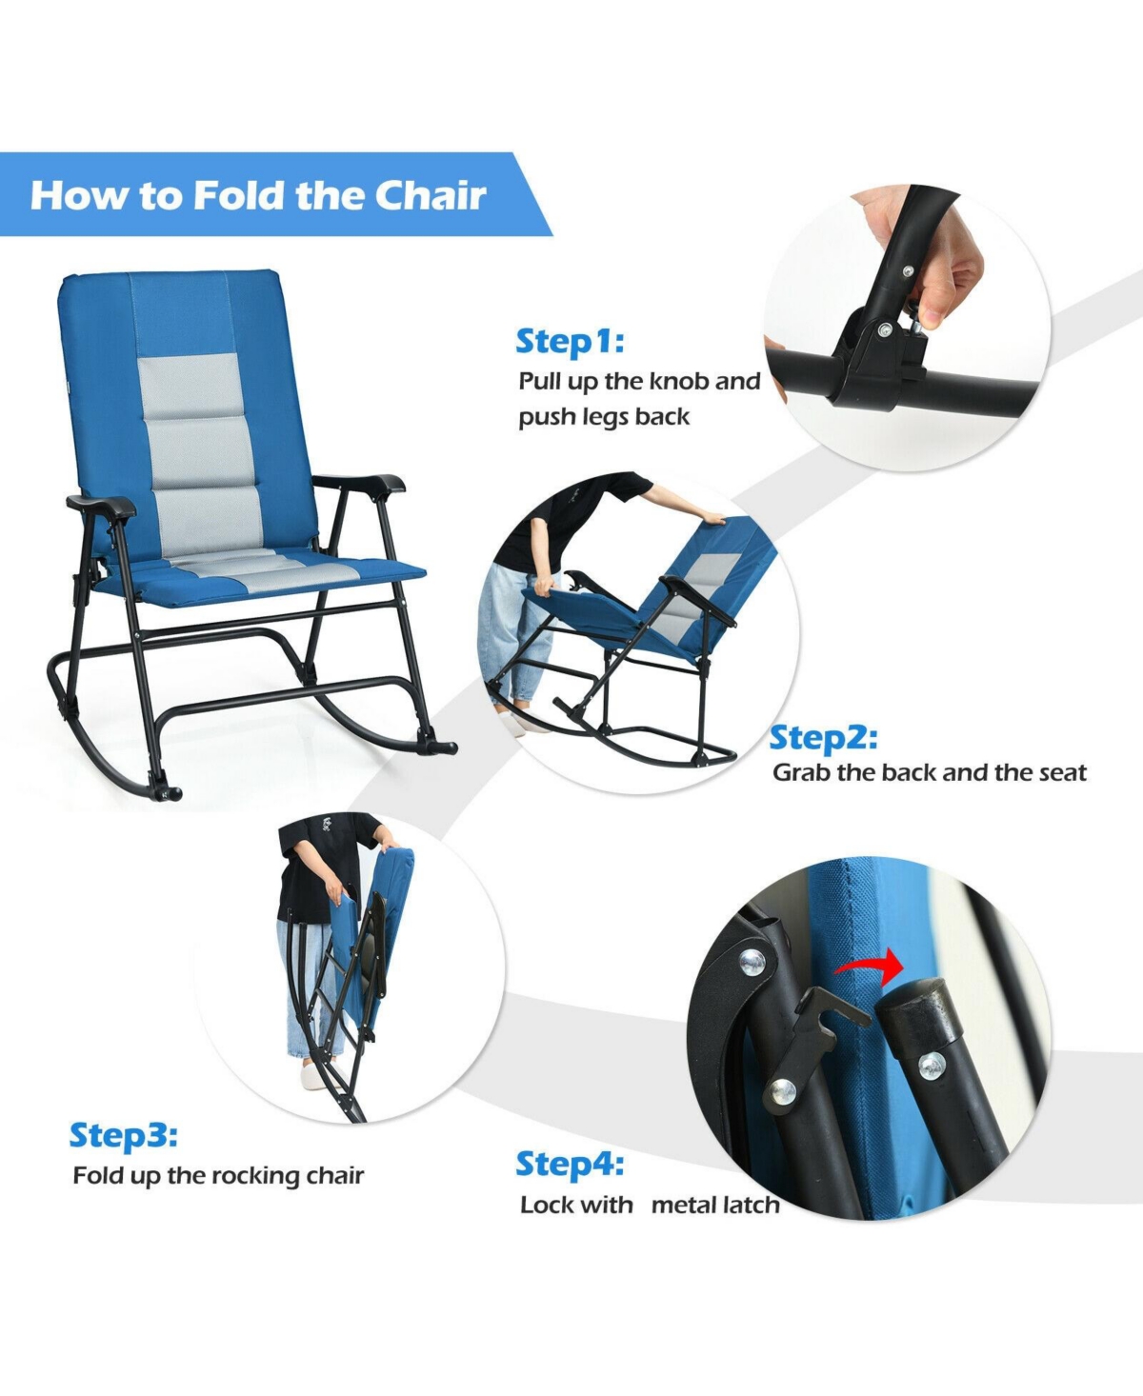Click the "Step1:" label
pos(570,342)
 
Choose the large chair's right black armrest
pos(357,483)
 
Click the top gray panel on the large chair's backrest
pos(190,387)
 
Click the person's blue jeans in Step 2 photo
pos(510,635)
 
